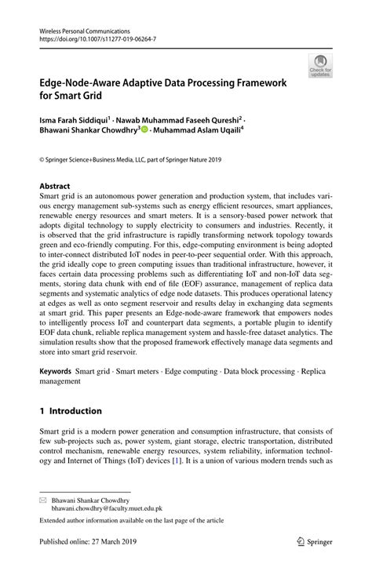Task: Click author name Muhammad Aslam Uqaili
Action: click(x=197, y=130)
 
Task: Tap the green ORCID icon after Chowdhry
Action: click(x=144, y=130)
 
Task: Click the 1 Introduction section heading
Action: click(x=71, y=410)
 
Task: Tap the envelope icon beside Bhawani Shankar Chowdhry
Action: click(x=44, y=499)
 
